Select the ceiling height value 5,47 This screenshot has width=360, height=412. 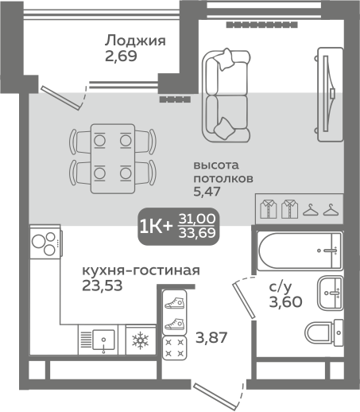(207, 192)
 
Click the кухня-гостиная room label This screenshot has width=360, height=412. (140, 270)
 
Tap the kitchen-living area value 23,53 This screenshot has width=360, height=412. (102, 286)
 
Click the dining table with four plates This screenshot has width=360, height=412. (111, 156)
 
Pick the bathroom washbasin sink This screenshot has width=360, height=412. (329, 292)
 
